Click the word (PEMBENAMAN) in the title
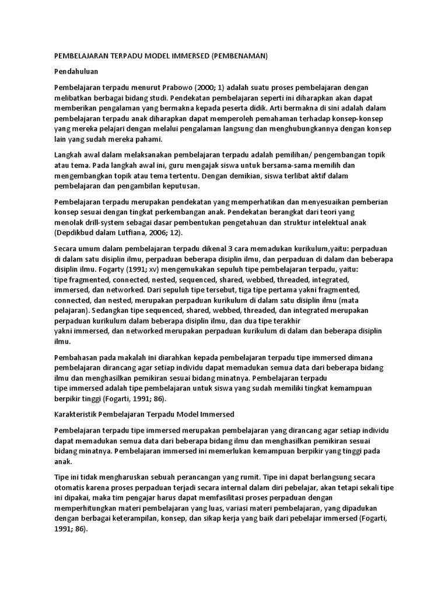pyautogui.click(x=239, y=56)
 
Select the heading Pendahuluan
pyautogui.click(x=75, y=71)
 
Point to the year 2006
pyautogui.click(x=176, y=233)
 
